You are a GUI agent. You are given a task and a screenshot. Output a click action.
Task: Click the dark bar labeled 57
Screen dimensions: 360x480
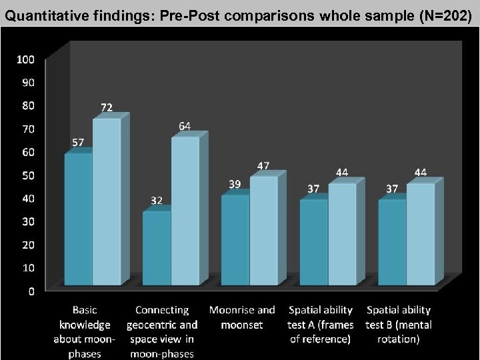pos(78,220)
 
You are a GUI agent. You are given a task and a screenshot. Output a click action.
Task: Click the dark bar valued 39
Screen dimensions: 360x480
pos(235,241)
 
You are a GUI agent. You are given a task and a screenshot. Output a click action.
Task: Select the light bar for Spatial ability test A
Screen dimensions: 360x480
pos(341,235)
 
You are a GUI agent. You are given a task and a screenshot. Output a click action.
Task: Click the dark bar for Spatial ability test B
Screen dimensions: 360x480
pos(392,243)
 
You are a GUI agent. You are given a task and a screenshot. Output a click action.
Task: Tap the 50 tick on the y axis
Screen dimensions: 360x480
pos(25,175)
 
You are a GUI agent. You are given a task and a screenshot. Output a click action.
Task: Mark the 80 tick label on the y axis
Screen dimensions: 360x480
pos(25,105)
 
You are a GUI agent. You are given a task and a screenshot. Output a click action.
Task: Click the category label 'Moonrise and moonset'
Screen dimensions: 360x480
pos(242,317)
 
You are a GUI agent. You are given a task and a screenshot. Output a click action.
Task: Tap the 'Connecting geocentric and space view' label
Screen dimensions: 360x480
pos(162,332)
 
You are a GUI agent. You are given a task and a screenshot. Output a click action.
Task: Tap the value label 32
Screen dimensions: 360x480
pos(155,200)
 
